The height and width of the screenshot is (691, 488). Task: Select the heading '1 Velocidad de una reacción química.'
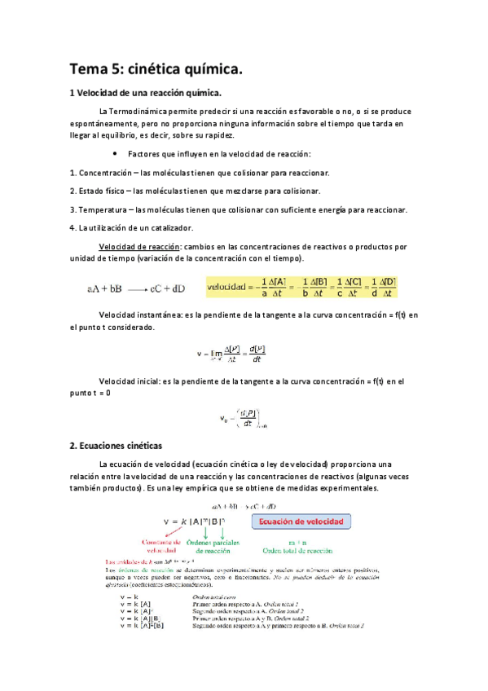146,94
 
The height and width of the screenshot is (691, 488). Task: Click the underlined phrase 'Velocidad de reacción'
139,246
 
